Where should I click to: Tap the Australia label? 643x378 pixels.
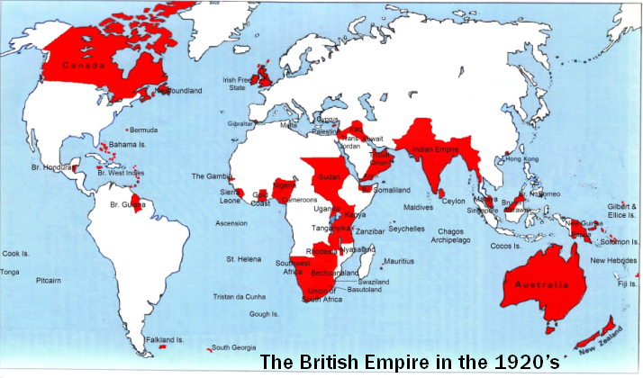[541, 284]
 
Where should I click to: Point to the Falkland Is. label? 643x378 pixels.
[166, 340]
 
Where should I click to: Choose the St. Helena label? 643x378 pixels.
[243, 259]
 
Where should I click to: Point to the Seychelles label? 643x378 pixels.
[407, 229]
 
